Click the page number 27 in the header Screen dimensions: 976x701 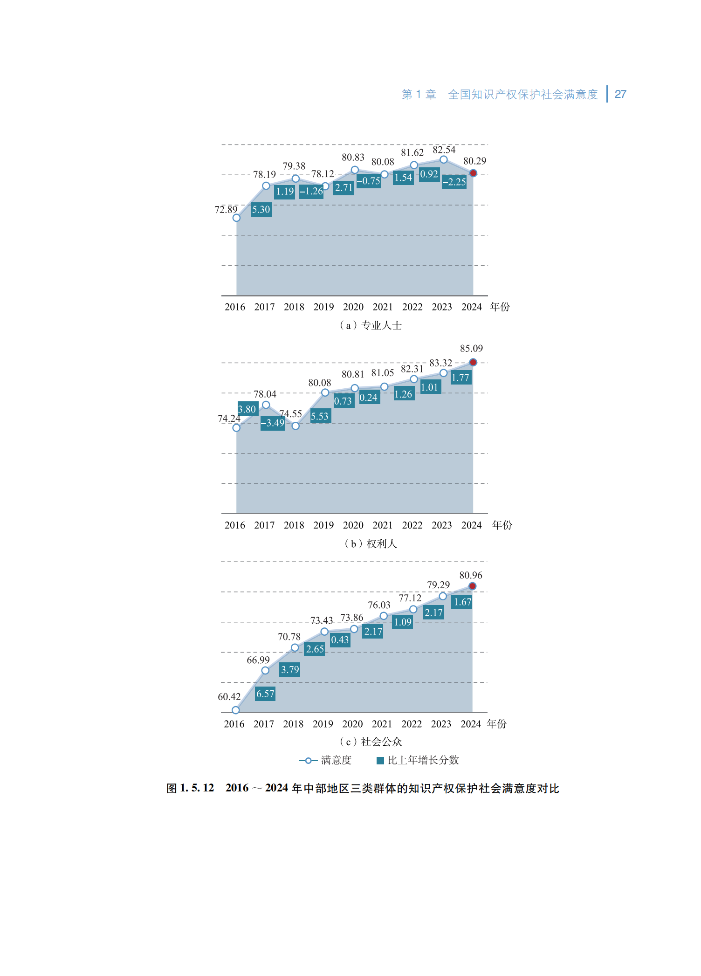tap(620, 94)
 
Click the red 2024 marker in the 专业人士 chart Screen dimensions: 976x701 tap(473, 173)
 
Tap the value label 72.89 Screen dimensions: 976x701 tap(226, 210)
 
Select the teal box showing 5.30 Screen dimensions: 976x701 tap(261, 209)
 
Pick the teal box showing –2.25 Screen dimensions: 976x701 tap(454, 182)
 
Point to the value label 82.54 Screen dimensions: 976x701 tap(444, 150)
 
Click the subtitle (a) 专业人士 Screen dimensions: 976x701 tap(371, 325)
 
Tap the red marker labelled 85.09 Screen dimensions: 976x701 tap(473, 362)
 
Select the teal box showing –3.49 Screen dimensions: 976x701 tap(273, 423)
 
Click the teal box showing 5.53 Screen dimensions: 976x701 tap(320, 416)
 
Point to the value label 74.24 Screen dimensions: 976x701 tap(229, 419)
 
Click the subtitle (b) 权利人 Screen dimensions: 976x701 tap(371, 543)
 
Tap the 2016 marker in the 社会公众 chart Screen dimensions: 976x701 tap(236, 710)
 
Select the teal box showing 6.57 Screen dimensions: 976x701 tap(265, 694)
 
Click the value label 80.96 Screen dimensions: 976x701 tap(471, 576)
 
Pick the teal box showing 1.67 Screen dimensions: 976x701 tap(462, 602)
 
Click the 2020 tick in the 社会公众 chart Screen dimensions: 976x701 tap(352, 724)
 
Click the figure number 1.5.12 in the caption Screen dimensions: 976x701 tap(197, 788)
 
